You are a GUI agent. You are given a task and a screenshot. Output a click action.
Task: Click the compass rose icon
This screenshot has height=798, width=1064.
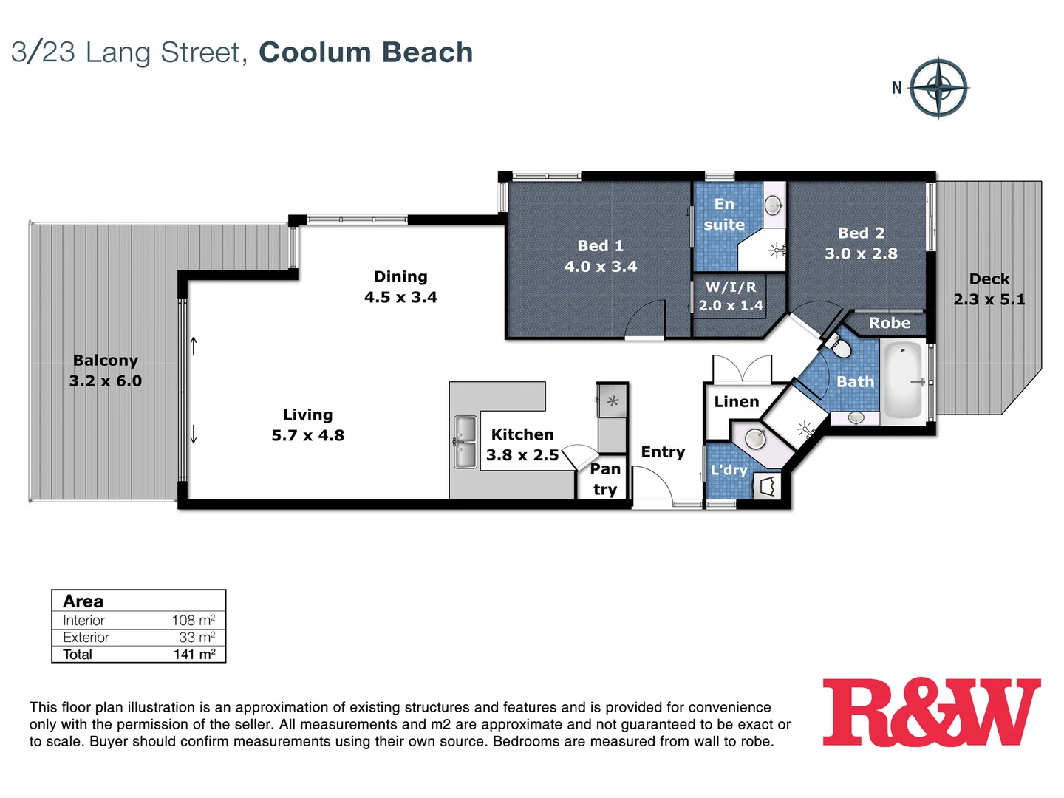(x=938, y=88)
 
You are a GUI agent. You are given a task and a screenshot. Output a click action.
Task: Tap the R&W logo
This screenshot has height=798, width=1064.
(x=932, y=712)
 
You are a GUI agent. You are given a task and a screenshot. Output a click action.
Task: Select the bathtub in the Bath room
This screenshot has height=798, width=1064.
(x=903, y=381)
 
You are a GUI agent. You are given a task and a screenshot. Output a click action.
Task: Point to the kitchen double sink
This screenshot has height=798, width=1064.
(x=465, y=442)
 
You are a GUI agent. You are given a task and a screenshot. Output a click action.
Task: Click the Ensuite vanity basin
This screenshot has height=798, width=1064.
(x=773, y=204)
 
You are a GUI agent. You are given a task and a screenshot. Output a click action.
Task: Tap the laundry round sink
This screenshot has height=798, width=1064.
(x=755, y=438)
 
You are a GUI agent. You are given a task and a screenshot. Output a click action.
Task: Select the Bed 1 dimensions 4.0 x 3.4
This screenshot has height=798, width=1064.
(x=600, y=267)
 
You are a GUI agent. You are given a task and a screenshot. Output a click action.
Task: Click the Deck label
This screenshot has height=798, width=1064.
(x=989, y=279)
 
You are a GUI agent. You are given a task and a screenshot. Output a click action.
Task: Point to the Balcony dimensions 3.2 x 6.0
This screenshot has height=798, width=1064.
(x=106, y=381)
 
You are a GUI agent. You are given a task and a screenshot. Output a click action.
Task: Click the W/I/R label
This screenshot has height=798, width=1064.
(x=730, y=287)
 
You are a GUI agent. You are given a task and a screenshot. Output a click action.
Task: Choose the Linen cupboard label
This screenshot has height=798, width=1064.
(x=736, y=402)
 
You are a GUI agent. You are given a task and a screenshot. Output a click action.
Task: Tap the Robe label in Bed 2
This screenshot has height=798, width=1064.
(x=889, y=323)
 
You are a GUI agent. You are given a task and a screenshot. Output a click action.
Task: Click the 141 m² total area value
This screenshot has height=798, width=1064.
(x=194, y=655)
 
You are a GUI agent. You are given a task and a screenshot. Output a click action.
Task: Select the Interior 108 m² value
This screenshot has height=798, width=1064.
(x=194, y=621)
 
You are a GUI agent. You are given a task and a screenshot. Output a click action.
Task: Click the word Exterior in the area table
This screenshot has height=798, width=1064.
(x=86, y=638)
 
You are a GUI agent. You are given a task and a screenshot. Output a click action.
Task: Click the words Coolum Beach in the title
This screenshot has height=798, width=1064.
(x=366, y=52)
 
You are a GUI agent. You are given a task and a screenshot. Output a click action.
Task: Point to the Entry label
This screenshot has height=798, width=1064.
(x=663, y=452)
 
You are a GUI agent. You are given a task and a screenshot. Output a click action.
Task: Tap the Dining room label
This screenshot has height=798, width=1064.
(x=400, y=276)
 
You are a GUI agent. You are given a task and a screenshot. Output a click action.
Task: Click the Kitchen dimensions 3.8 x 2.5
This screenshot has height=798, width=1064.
(x=522, y=455)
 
